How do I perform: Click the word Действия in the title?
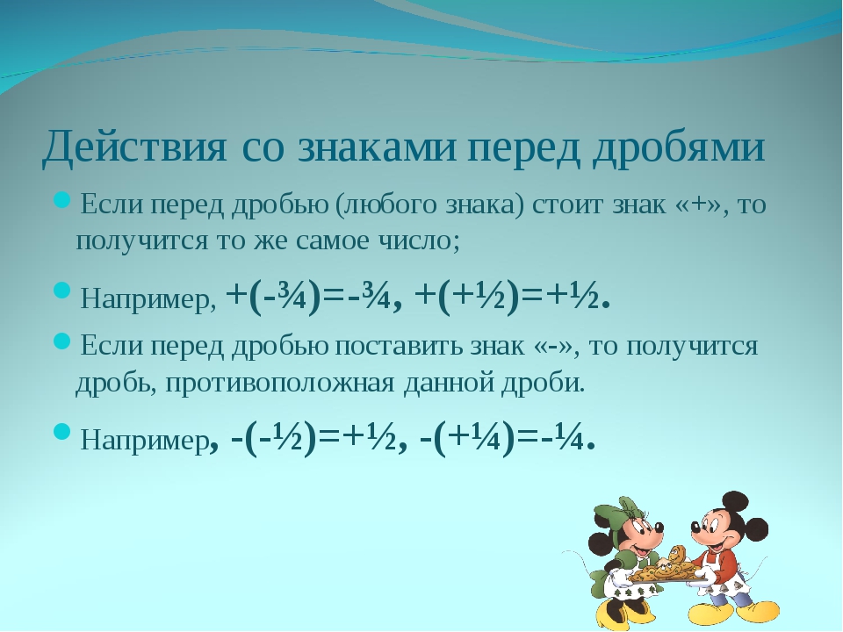coord(134,147)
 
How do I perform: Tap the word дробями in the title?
coord(679,147)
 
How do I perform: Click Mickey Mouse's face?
coord(710,529)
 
